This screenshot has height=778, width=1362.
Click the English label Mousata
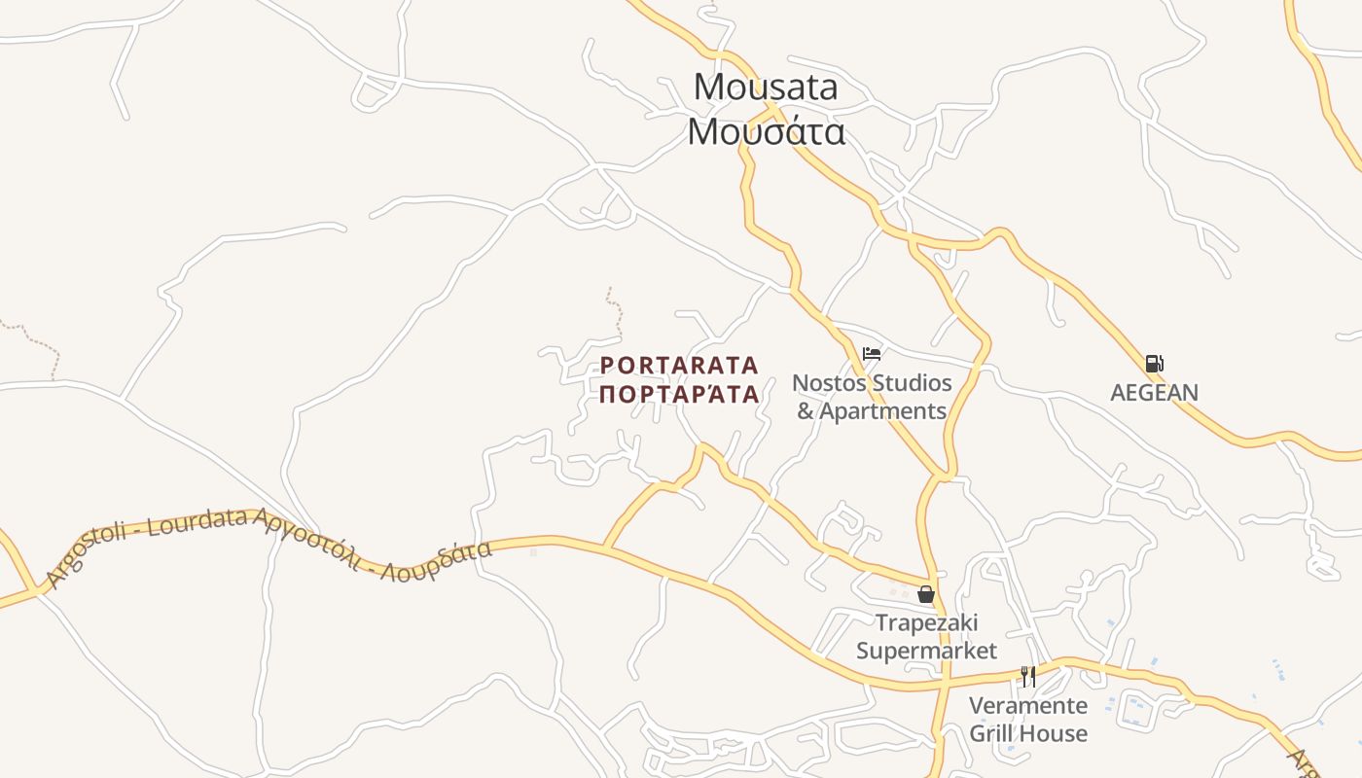(x=765, y=87)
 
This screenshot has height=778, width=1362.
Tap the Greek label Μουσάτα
(x=766, y=130)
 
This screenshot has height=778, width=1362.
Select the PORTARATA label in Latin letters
(x=679, y=366)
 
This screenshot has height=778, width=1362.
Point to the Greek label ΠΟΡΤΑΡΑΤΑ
(x=679, y=394)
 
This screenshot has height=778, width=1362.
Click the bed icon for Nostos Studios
(x=872, y=354)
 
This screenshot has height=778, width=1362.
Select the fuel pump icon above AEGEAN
(x=1154, y=364)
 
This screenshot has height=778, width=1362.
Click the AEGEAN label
(x=1154, y=392)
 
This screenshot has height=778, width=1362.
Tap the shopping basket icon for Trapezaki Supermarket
(x=926, y=593)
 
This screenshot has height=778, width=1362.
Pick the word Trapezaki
(x=926, y=622)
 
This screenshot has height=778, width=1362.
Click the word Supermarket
(x=926, y=650)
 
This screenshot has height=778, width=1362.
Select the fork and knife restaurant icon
(x=1027, y=676)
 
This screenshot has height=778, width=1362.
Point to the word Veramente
(x=1027, y=705)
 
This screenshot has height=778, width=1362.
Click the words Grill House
(x=1027, y=732)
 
